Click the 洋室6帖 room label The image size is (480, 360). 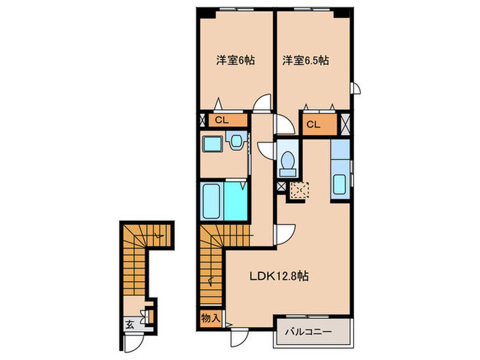(x=236, y=60)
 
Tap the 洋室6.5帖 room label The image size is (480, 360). (x=305, y=60)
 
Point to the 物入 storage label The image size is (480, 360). (x=211, y=317)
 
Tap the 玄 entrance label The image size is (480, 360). (x=130, y=324)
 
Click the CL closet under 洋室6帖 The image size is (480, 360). (x=221, y=121)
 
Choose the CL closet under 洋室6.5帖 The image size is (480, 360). (x=313, y=125)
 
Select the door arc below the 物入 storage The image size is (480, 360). (x=238, y=335)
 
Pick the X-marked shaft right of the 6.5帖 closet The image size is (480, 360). (x=346, y=125)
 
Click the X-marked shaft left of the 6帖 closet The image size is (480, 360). (x=202, y=121)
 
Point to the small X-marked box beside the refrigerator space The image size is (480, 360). (x=281, y=186)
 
